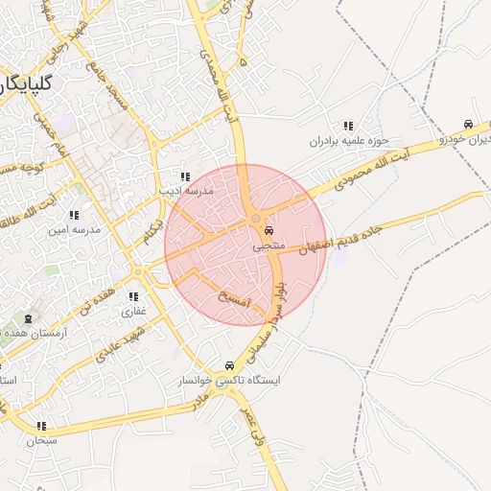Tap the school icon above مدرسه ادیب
(x=185, y=177)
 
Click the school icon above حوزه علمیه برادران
(x=347, y=126)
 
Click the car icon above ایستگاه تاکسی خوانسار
(x=228, y=365)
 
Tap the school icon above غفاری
(x=132, y=296)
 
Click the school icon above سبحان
(x=41, y=426)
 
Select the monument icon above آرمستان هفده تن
(x=28, y=318)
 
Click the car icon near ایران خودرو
(x=467, y=125)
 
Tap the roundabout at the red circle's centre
(x=254, y=222)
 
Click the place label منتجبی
(x=269, y=247)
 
